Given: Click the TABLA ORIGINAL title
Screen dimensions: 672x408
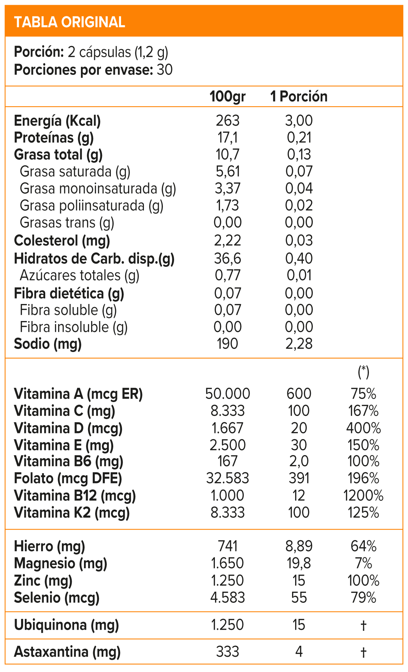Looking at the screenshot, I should (70, 22).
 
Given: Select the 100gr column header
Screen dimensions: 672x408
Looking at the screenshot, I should (227, 97).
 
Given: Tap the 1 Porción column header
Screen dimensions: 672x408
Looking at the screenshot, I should (299, 97).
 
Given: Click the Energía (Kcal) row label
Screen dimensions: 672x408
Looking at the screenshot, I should (57, 121).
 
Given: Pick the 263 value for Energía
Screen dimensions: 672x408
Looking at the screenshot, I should (227, 121).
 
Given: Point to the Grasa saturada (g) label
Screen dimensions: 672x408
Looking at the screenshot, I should (75, 172).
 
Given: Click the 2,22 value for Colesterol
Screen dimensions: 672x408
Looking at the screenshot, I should (227, 241).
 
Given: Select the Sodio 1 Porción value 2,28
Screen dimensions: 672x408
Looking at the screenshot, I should (299, 344).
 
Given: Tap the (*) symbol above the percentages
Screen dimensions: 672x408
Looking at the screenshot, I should (363, 372).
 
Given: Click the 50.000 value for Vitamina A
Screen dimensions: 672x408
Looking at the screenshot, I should (227, 394).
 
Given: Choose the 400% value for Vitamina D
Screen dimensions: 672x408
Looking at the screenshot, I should (363, 428).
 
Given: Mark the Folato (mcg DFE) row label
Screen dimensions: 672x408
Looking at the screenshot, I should (68, 479).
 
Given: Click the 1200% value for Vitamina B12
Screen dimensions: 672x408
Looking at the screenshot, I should (363, 496).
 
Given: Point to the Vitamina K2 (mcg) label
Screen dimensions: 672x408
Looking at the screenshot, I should (72, 513).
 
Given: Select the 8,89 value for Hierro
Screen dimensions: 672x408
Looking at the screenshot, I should (299, 546).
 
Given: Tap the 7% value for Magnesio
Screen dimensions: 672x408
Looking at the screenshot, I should (363, 563).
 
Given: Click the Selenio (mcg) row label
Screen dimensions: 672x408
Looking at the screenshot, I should (57, 597).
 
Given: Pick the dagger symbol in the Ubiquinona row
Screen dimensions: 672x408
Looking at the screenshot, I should (363, 625).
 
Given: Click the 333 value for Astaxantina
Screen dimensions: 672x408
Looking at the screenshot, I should (227, 652).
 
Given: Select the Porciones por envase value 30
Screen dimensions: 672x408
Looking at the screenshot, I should (165, 70).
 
